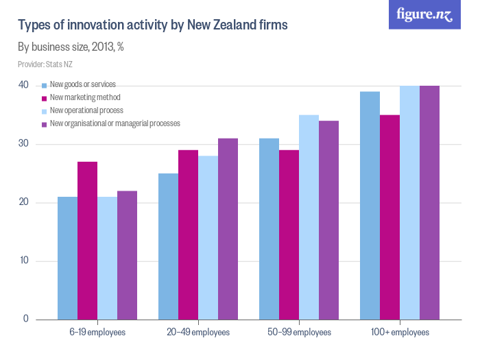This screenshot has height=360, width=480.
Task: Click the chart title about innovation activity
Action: coord(152,25)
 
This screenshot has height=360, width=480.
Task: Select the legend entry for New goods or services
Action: coord(83,84)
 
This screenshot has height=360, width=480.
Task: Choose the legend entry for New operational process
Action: coord(86,110)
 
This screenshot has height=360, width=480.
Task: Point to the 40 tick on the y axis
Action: coord(23,85)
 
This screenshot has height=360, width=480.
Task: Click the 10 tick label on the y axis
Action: coord(23,261)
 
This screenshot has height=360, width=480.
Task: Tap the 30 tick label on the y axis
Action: coord(23,144)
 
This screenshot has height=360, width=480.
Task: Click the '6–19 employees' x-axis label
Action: coord(97,332)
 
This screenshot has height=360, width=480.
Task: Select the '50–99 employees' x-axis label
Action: coord(299,332)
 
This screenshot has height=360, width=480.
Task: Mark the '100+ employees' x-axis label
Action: coord(400,332)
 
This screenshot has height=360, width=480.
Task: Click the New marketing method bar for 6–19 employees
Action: coord(87,240)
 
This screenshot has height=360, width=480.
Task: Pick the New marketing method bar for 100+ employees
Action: coord(389,217)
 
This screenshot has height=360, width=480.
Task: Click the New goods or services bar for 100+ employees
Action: coord(370,205)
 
